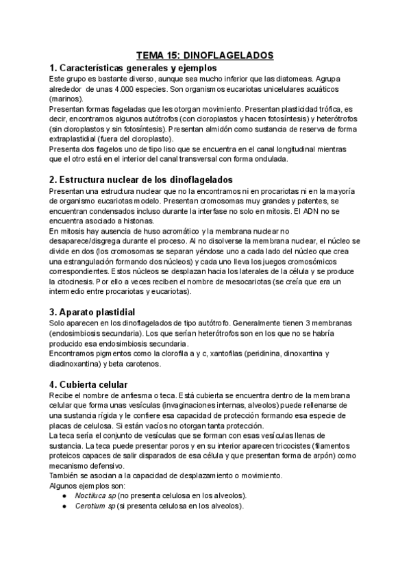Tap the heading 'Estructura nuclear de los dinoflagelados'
coord(148,180)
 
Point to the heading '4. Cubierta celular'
coord(89,384)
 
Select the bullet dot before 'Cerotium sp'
coord(64,506)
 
